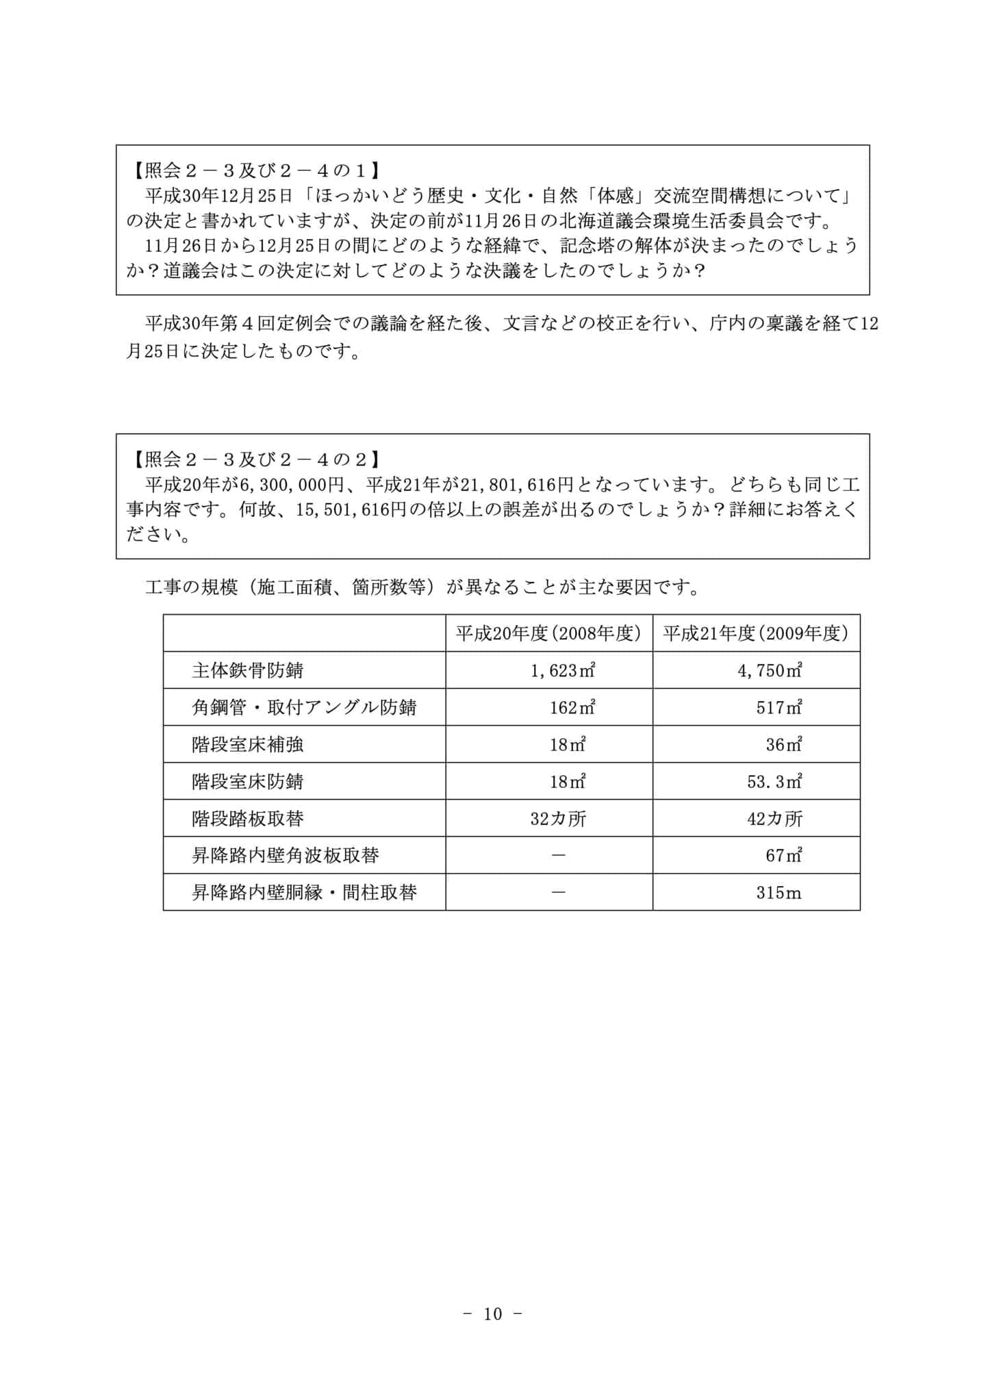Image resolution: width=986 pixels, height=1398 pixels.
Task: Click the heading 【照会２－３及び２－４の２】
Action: [254, 459]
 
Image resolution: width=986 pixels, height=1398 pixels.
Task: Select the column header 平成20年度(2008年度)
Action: [548, 633]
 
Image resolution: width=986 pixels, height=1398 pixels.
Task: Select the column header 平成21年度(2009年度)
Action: [756, 633]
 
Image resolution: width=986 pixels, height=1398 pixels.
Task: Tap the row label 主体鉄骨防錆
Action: [247, 670]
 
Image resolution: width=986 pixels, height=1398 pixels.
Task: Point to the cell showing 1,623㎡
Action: [563, 670]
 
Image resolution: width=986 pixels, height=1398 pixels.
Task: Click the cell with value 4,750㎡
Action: [770, 670]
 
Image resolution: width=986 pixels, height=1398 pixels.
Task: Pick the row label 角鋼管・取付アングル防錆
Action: [303, 707]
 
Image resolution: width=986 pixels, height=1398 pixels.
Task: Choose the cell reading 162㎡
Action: [572, 707]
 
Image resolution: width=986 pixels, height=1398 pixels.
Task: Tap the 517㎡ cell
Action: [779, 707]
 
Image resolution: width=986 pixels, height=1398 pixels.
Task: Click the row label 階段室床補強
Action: [247, 744]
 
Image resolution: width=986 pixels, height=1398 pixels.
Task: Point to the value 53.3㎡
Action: [774, 781]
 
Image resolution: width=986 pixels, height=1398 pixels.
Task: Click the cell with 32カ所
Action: [558, 818]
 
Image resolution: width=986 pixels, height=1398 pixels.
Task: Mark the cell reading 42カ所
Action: [774, 818]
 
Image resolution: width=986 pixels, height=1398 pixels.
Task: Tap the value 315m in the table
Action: [779, 892]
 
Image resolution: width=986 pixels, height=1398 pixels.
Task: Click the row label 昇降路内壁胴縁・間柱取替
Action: [303, 892]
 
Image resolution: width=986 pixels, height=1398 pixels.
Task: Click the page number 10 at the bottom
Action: [493, 1313]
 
